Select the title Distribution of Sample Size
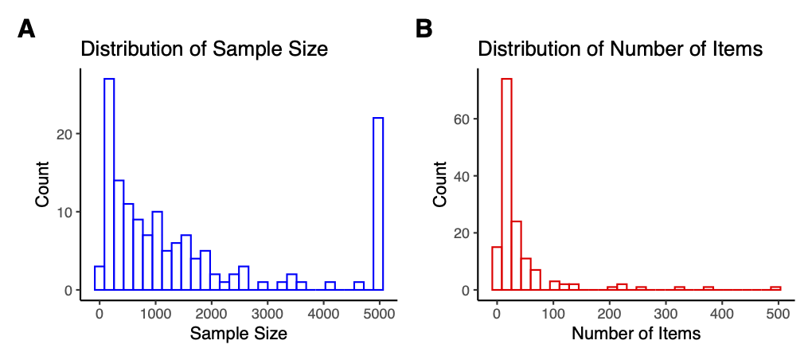coord(205,49)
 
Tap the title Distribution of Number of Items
coord(620,49)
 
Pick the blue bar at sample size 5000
coord(378,203)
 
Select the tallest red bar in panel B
coord(506,183)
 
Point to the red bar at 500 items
coord(775,288)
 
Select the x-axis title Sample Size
coord(238,335)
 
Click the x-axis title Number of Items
coord(636,335)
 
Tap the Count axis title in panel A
coord(43,185)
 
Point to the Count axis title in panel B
coord(440,185)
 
